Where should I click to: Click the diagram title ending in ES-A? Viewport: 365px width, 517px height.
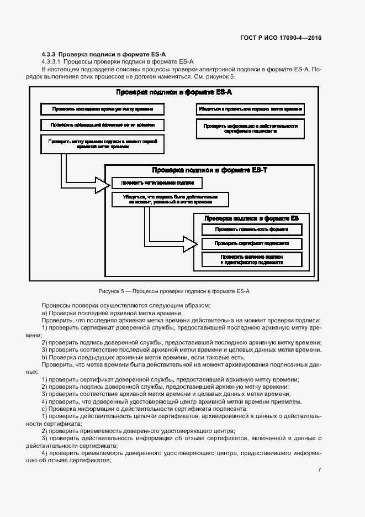click(173, 92)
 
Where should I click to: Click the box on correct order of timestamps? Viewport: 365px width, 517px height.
click(250, 109)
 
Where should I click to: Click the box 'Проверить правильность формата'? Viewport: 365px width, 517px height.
click(251, 229)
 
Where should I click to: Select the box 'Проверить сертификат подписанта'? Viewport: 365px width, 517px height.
click(251, 244)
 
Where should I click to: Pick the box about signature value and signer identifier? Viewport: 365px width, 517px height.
click(251, 260)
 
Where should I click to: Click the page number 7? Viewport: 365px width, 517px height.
click(320, 469)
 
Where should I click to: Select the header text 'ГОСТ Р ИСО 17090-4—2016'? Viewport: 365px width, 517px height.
click(281, 38)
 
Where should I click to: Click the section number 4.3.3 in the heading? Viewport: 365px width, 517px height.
click(49, 55)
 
